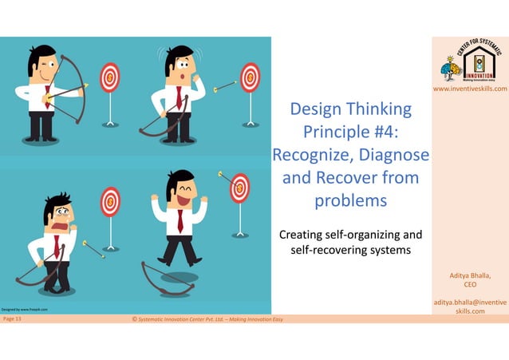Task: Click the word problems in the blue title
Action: [351, 200]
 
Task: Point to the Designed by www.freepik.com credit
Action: [26, 309]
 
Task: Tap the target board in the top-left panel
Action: [109, 77]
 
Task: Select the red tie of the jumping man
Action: [180, 220]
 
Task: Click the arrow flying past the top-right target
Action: [226, 84]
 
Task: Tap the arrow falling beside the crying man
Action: [93, 248]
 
